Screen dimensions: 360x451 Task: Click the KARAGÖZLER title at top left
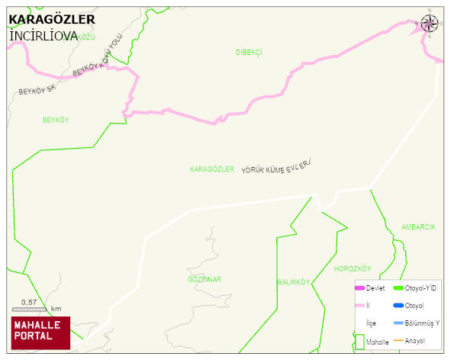51,19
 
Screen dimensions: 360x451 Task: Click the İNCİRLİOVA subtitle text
43,35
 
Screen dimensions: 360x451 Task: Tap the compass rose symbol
430,23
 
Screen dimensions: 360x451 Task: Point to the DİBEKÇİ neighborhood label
249,52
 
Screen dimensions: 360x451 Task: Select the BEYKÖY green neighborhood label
56,121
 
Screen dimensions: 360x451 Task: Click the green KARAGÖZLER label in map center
211,169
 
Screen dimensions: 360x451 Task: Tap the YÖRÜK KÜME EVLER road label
278,168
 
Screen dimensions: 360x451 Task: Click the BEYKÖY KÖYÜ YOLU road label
97,59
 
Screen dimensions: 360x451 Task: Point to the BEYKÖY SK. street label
37,90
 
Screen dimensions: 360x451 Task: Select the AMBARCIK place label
418,227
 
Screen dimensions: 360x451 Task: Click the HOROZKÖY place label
352,269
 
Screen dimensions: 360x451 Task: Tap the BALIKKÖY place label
293,282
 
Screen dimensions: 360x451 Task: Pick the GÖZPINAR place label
205,279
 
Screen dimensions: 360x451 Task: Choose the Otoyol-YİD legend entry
419,288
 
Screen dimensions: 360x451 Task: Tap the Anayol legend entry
414,340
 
